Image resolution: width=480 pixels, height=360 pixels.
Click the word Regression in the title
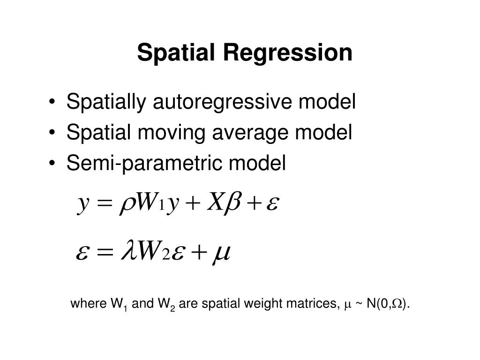pos(287,52)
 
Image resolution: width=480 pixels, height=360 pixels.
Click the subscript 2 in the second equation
pos(165,255)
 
